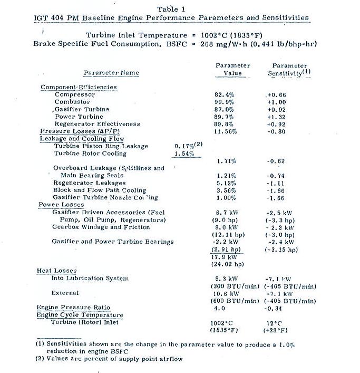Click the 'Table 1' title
171,9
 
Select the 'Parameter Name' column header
111,72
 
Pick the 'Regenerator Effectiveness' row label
98,124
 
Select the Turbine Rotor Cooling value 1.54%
184,154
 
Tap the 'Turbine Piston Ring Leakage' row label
101,146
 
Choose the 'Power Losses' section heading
61,205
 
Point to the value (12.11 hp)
228,234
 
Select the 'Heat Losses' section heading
57,271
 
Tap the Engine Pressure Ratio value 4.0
220,308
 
